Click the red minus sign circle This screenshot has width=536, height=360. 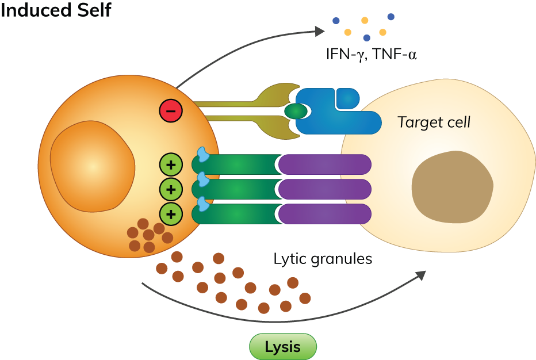[x=171, y=110]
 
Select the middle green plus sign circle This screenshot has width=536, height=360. [x=171, y=189]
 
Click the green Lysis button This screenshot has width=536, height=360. [x=282, y=347]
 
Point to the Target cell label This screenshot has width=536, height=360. [x=434, y=122]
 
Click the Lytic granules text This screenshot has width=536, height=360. [x=323, y=259]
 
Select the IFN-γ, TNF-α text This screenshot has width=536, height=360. [x=371, y=55]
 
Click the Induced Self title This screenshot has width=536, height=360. [x=56, y=10]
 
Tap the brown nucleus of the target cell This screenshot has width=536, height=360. [x=452, y=187]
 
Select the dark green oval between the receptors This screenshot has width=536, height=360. [x=296, y=110]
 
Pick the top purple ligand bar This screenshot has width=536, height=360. [x=325, y=164]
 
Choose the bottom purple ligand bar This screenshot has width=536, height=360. [x=325, y=214]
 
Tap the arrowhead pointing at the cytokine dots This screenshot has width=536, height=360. [x=320, y=31]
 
